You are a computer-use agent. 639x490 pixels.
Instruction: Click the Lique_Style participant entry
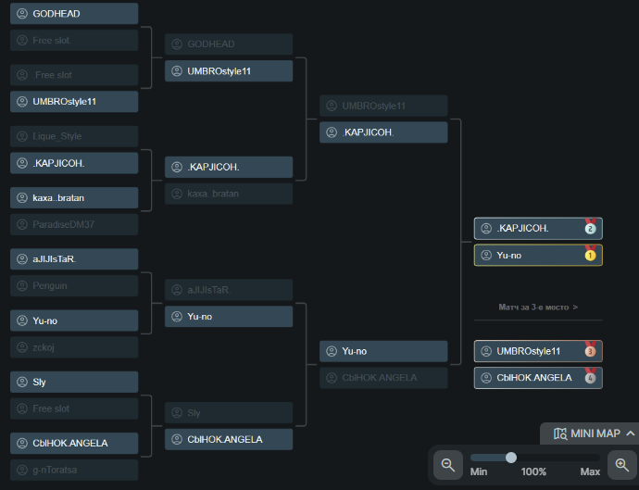57,136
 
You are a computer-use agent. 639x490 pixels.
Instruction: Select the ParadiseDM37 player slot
63,224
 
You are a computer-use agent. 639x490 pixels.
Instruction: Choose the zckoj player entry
45,347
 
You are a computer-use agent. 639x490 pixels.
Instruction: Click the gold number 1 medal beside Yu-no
590,255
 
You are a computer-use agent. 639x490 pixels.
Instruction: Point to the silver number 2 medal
590,228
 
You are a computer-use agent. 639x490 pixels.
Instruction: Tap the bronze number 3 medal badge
590,351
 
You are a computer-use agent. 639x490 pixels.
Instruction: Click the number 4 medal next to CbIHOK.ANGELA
590,377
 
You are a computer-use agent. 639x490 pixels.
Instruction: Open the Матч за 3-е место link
538,307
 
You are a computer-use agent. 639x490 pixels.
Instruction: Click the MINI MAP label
595,433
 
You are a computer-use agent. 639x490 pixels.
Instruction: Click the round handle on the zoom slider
510,457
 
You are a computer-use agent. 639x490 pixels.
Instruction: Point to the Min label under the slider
479,471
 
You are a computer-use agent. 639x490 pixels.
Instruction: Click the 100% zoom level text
533,471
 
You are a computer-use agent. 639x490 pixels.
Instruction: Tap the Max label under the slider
590,471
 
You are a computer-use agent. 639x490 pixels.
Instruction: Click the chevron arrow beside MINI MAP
631,433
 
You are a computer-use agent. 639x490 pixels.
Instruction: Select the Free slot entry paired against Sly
51,408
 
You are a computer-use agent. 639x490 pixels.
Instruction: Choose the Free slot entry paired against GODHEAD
51,40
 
